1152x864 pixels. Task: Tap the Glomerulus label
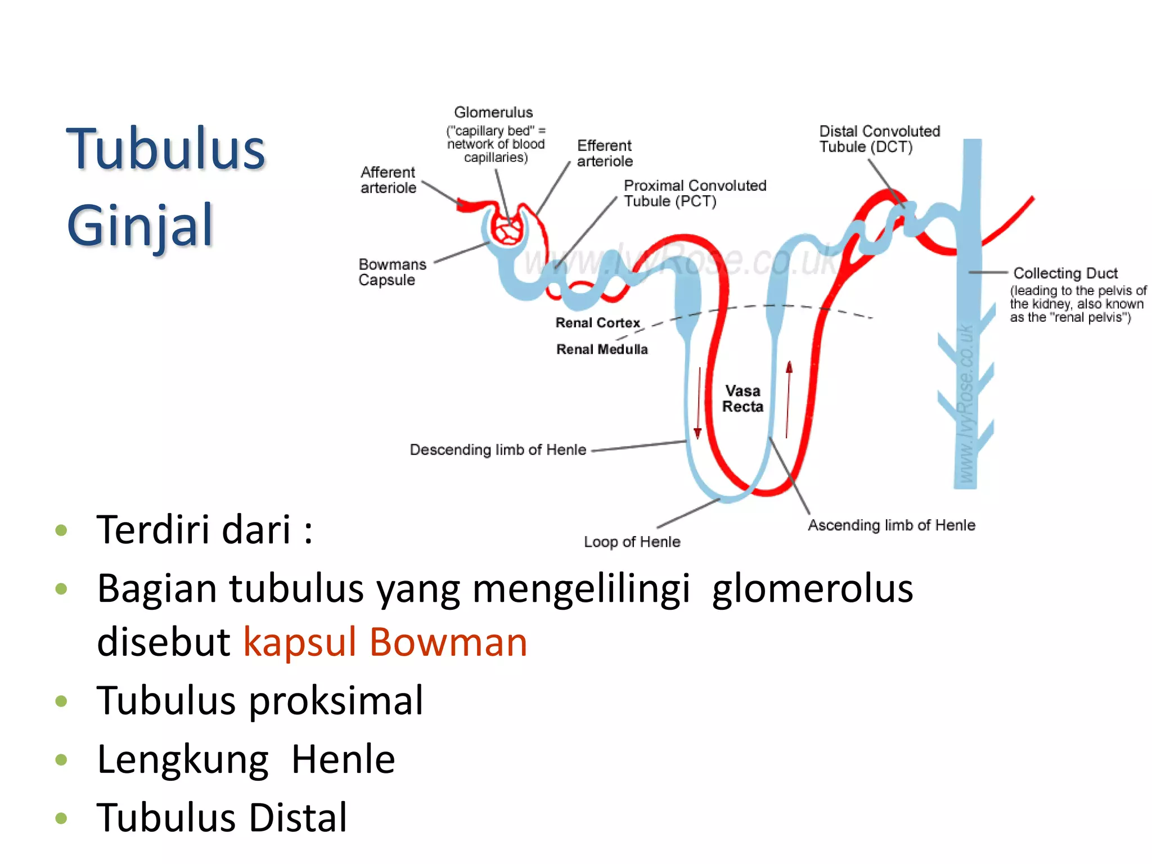pyautogui.click(x=493, y=112)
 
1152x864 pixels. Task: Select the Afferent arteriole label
pyautogui.click(x=388, y=180)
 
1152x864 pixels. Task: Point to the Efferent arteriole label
pyautogui.click(x=605, y=154)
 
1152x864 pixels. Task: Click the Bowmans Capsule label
pyautogui.click(x=392, y=272)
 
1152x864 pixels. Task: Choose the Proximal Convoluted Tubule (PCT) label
pyautogui.click(x=695, y=193)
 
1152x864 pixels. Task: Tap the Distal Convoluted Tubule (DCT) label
pyautogui.click(x=879, y=139)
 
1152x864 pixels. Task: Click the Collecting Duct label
pyautogui.click(x=1065, y=273)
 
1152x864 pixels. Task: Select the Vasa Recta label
pyautogui.click(x=742, y=399)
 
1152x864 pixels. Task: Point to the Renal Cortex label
pyautogui.click(x=597, y=323)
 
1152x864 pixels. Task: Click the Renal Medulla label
pyautogui.click(x=602, y=349)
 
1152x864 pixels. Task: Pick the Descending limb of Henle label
pyautogui.click(x=498, y=450)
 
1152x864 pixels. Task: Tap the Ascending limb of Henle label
pyautogui.click(x=892, y=525)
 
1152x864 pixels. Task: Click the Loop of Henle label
pyautogui.click(x=632, y=542)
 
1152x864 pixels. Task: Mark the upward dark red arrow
pyautogui.click(x=789, y=399)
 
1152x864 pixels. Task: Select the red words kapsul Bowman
pyautogui.click(x=385, y=642)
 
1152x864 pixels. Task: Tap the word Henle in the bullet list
pyautogui.click(x=343, y=759)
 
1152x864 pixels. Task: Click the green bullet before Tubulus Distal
pyautogui.click(x=61, y=818)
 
